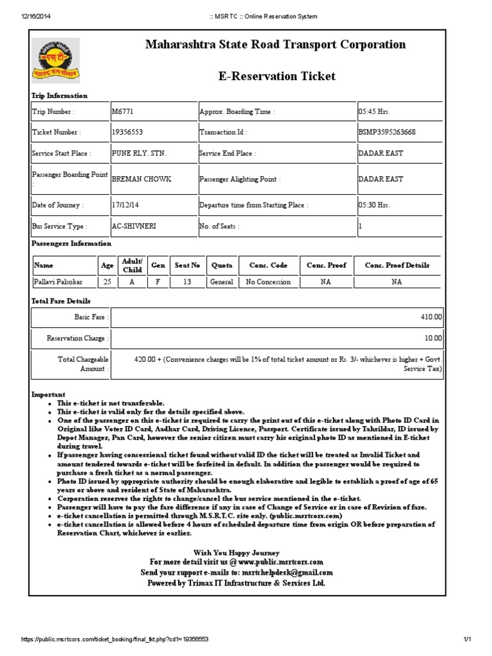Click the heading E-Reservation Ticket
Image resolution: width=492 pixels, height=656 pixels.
point(277,76)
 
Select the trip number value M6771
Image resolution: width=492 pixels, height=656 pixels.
point(123,111)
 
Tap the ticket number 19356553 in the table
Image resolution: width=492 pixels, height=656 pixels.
point(127,133)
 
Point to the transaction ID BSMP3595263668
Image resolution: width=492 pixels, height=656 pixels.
point(387,133)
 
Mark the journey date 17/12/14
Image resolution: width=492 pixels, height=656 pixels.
point(126,206)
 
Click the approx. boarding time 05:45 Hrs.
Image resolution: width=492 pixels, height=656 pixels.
point(374,111)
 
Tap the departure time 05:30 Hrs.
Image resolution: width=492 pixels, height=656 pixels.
point(374,206)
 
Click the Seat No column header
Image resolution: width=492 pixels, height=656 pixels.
point(187,265)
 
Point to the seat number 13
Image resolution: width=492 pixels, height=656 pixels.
point(187,282)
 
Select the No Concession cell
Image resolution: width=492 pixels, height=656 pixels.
point(268,282)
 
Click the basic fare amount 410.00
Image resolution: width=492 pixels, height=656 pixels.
point(431,317)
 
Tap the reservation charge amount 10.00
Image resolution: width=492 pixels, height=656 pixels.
point(433,338)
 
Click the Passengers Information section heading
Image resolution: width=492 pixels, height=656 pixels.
point(71,243)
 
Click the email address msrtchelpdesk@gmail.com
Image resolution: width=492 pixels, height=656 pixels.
point(287,572)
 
